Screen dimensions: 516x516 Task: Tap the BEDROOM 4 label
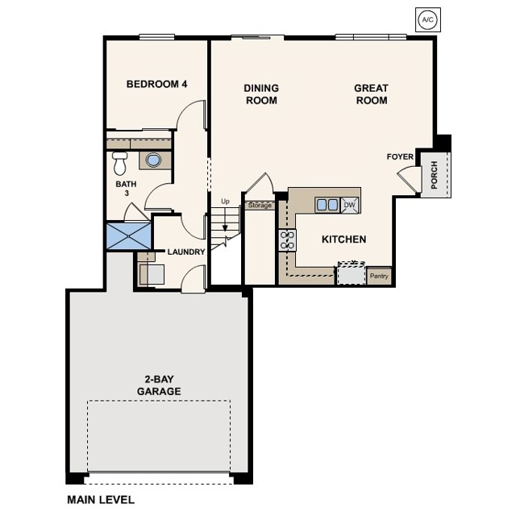click(157, 85)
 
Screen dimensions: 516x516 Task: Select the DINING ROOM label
click(261, 94)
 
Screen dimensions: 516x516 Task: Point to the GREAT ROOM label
click(371, 94)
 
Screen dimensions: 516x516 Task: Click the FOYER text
click(400, 157)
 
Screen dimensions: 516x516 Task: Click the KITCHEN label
click(343, 239)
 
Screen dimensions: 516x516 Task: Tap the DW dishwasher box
click(349, 205)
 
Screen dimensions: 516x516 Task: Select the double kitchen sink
click(327, 205)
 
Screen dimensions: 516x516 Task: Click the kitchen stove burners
click(286, 239)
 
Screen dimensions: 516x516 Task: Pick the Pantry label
click(379, 277)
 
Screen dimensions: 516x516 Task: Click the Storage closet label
click(260, 206)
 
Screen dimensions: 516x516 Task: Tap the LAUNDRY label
click(185, 252)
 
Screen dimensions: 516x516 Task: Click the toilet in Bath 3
click(120, 163)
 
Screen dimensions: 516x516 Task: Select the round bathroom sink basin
click(152, 160)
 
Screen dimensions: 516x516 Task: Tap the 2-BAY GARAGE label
click(158, 385)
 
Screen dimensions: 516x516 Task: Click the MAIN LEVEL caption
click(101, 500)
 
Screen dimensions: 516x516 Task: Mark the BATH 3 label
click(127, 188)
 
